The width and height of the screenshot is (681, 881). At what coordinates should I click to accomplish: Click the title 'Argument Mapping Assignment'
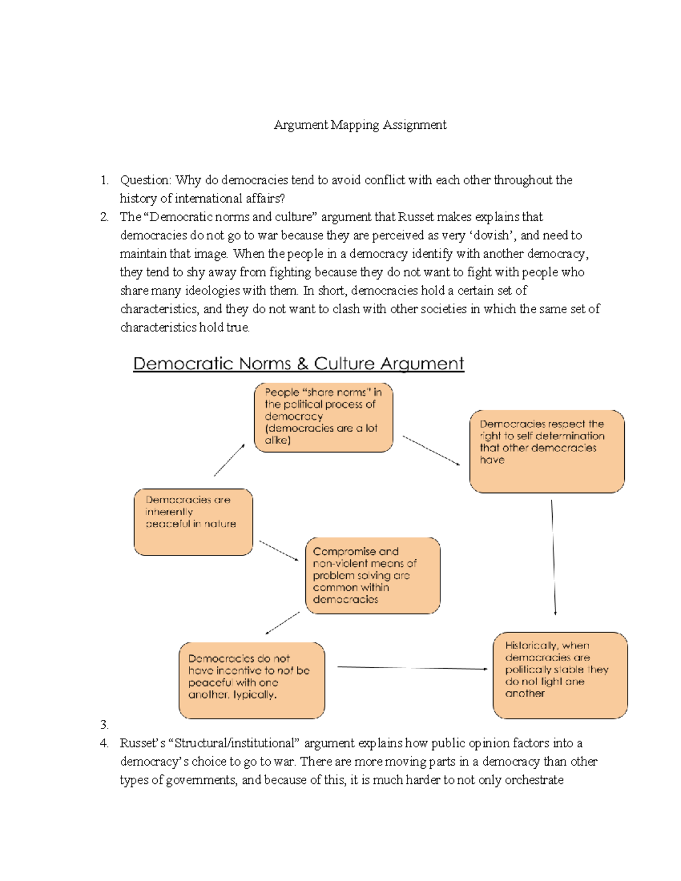tap(360, 125)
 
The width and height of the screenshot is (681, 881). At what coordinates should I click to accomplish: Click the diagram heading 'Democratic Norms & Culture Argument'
tap(299, 364)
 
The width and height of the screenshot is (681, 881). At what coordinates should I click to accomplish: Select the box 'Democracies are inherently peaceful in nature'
tap(193, 522)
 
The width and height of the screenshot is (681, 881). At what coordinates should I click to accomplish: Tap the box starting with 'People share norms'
tap(323, 417)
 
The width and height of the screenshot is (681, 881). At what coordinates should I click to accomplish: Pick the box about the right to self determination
tap(547, 451)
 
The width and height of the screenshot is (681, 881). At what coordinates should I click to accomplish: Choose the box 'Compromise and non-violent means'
tap(372, 575)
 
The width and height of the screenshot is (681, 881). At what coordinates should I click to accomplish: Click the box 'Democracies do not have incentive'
tap(251, 680)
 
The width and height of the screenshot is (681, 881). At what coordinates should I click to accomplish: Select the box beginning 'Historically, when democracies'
tap(560, 675)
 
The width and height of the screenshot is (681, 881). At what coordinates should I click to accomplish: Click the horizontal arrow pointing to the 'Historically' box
tap(412, 668)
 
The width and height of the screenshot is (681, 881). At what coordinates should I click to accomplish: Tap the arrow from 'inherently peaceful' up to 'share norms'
tap(229, 460)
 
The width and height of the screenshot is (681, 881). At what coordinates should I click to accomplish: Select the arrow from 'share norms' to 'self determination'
tap(431, 450)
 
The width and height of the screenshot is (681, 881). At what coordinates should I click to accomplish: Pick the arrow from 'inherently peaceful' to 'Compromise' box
tap(279, 551)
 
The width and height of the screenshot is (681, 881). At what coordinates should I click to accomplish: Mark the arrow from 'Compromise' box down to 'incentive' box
tap(283, 623)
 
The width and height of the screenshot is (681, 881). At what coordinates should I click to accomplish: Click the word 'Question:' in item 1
tap(145, 180)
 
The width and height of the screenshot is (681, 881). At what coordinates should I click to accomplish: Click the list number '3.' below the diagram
tap(104, 724)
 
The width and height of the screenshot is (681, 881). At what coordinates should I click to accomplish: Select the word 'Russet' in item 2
tap(415, 217)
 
